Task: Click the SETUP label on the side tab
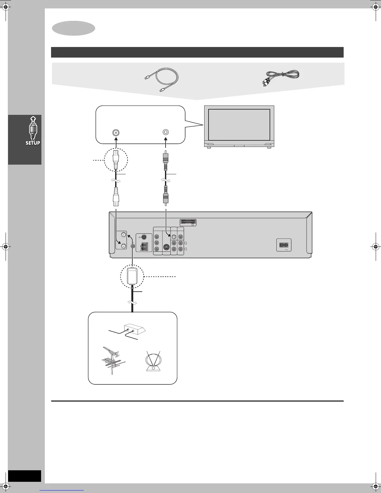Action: (33, 143)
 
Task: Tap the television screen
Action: (239, 125)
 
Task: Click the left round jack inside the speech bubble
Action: (116, 132)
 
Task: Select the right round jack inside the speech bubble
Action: (166, 132)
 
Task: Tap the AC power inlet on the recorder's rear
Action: (284, 245)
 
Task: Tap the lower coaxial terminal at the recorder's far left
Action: (124, 246)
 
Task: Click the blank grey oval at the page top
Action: (73, 28)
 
